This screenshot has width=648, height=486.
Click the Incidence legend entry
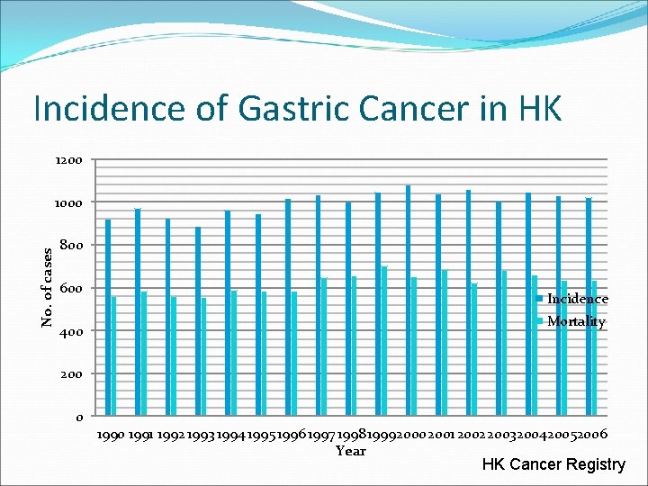tap(577, 299)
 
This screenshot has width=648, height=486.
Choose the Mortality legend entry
tap(576, 321)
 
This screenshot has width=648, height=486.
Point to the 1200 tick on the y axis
tap(68, 160)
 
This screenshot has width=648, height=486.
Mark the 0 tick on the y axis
tap(79, 417)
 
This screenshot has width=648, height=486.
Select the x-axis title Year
tap(350, 451)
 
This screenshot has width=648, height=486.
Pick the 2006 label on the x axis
tap(591, 435)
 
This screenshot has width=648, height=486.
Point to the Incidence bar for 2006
tap(589, 307)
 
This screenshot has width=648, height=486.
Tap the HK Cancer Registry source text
tap(553, 464)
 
